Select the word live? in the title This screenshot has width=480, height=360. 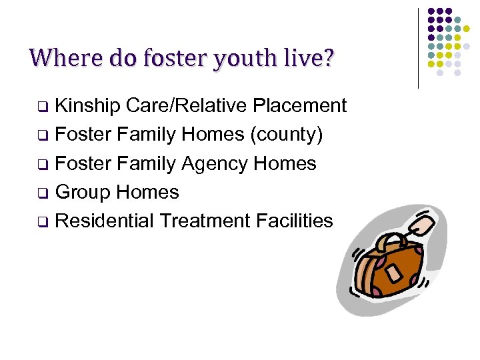[310, 58]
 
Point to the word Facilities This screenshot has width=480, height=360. [296, 221]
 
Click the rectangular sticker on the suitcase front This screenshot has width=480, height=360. [394, 274]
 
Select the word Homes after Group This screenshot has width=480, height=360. [147, 192]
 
